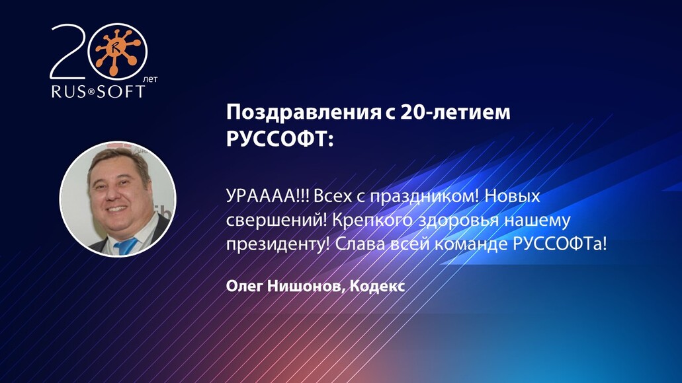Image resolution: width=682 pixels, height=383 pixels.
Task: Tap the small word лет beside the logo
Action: pyautogui.click(x=152, y=78)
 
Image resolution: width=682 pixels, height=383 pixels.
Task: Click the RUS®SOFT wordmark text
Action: pyautogui.click(x=98, y=91)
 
